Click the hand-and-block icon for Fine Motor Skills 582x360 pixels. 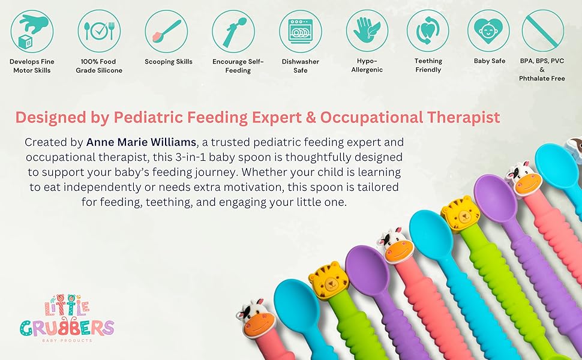click(32, 31)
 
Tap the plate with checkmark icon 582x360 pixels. click(99, 31)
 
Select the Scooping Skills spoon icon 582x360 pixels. click(166, 31)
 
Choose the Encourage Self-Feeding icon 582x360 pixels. click(233, 31)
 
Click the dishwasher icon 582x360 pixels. click(301, 31)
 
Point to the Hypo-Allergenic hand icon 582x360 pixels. click(367, 31)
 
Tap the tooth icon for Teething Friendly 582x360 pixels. click(428, 31)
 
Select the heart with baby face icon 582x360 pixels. click(488, 31)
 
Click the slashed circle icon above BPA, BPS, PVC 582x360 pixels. click(542, 31)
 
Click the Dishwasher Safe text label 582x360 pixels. click(300, 65)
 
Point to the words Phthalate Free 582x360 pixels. click(542, 79)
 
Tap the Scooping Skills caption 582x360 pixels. click(169, 62)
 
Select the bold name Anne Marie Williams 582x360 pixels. click(141, 142)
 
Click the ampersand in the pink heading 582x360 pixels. click(311, 117)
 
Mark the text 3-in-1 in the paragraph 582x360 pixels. click(190, 157)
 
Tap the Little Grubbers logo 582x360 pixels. click(67, 318)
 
